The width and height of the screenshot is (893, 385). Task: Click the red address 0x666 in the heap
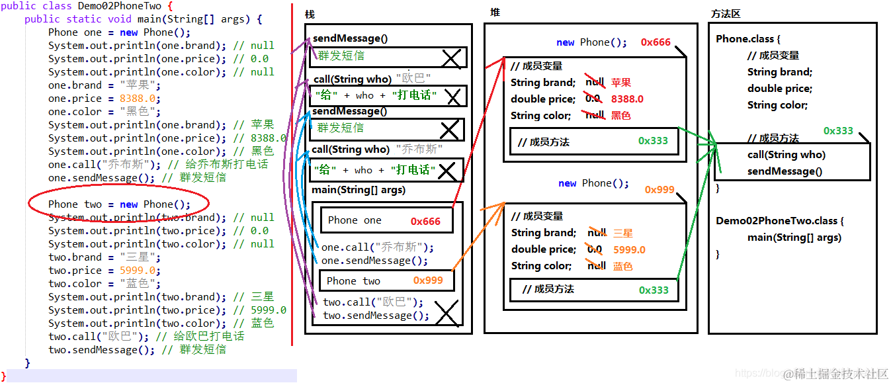click(x=656, y=42)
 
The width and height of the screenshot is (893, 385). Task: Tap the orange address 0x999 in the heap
click(x=659, y=190)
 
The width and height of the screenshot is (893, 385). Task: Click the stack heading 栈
click(x=310, y=15)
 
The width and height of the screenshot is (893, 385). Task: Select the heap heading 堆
click(x=495, y=13)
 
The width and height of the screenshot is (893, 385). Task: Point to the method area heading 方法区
click(x=726, y=13)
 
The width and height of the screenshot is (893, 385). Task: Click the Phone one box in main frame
click(x=387, y=220)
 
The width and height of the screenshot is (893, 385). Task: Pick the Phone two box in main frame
click(x=387, y=280)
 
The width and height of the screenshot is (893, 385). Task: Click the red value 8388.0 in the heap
click(x=627, y=99)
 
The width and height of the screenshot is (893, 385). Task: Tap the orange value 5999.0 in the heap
click(x=629, y=249)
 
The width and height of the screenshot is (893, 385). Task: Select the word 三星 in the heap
click(x=623, y=233)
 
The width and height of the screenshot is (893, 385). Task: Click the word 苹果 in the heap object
click(x=621, y=83)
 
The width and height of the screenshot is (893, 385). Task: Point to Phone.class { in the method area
click(x=747, y=39)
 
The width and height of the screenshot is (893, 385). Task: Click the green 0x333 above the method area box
click(x=838, y=131)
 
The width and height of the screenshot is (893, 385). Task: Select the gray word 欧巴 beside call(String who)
click(x=413, y=79)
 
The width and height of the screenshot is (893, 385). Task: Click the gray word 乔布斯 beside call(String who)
click(x=419, y=150)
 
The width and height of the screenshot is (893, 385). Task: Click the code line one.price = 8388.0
click(x=102, y=99)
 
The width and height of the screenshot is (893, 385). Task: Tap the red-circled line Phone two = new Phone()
click(x=119, y=204)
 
